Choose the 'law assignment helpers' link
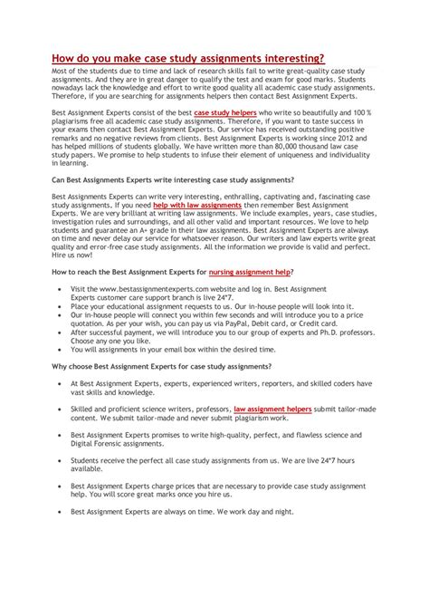[x=272, y=409]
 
